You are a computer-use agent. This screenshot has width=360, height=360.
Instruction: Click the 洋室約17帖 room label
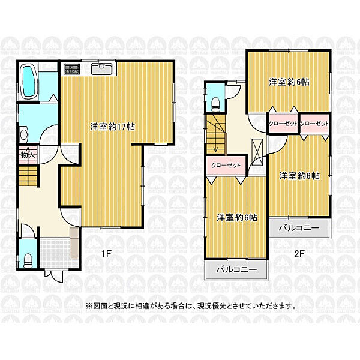(x=112, y=127)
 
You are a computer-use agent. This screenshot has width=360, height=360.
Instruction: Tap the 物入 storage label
(x=28, y=155)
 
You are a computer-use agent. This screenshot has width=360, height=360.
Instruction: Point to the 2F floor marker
(x=299, y=253)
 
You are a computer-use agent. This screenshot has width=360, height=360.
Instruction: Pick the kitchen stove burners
(x=72, y=69)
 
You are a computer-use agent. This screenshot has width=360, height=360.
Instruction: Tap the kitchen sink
(x=102, y=69)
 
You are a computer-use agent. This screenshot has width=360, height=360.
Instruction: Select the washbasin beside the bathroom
(x=23, y=135)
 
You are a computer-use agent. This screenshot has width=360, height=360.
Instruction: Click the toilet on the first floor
(x=28, y=260)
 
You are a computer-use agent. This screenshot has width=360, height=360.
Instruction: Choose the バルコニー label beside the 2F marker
(x=303, y=228)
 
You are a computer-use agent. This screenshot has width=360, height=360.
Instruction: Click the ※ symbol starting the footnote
(x=88, y=305)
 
